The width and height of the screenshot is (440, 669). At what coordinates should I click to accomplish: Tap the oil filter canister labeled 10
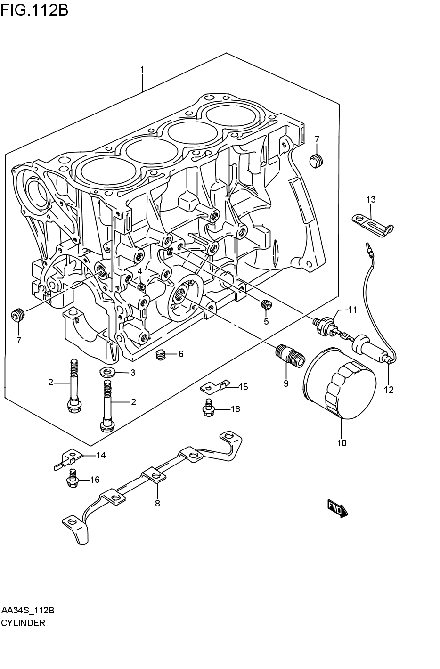[340, 384]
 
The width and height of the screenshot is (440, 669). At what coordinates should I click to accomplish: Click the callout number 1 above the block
[142, 70]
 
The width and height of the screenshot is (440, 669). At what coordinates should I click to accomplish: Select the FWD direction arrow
[336, 508]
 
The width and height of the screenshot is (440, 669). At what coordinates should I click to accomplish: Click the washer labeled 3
[110, 373]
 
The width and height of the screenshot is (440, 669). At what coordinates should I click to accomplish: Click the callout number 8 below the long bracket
[157, 503]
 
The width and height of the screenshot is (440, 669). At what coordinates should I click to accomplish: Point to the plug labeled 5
[266, 305]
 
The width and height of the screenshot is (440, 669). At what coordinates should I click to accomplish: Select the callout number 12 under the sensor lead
[389, 390]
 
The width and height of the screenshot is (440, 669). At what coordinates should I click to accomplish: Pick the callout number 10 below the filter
[342, 443]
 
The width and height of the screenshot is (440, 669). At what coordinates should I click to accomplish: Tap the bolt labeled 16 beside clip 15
[208, 408]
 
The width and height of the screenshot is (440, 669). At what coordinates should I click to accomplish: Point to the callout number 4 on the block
[140, 271]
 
